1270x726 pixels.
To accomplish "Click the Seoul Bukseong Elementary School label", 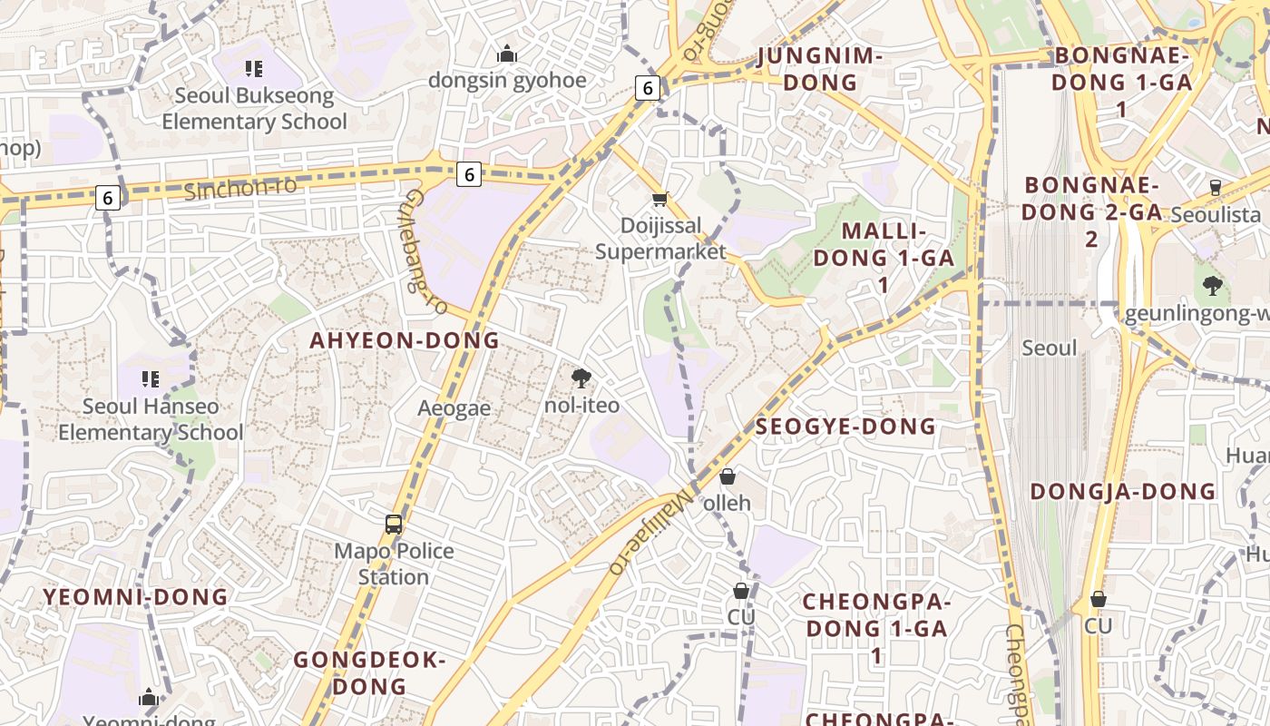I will point(254,108).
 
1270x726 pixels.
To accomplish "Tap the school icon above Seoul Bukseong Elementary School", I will point(254,68).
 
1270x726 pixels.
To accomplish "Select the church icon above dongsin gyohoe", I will point(507,54).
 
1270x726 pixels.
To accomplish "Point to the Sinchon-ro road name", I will point(240,189).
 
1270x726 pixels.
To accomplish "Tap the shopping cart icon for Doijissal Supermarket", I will point(660,199).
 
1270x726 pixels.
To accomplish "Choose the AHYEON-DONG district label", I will point(405,340).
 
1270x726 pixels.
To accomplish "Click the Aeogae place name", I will point(454,408).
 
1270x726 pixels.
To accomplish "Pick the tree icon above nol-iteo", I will point(581,378).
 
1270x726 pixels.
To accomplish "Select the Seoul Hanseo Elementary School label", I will point(151,419).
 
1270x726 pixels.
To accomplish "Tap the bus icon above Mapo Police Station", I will point(394,525).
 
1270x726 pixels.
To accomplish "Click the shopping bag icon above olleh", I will point(728,476).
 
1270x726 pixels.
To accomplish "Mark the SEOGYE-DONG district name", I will point(845,427).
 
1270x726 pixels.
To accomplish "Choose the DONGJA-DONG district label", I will point(1123,492).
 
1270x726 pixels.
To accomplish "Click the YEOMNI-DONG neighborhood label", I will point(136,597).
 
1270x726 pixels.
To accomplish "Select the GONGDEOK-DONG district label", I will point(369,672).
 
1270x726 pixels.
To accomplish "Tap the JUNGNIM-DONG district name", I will point(820,69).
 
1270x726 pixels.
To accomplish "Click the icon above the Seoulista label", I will point(1216,188).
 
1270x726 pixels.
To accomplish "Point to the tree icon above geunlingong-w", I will point(1213,287).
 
